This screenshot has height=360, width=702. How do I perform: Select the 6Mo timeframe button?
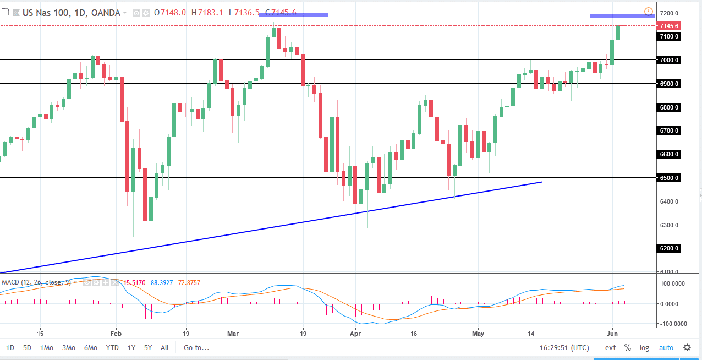coord(91,347)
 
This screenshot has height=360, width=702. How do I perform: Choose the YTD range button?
coord(112,347)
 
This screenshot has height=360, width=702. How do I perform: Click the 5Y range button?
coord(148,347)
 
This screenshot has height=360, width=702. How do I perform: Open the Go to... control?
coord(196,347)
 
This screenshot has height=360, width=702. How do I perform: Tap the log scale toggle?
coord(644,347)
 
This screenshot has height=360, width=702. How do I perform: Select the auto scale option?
coord(666,347)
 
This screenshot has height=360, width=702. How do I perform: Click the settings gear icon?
coord(687,347)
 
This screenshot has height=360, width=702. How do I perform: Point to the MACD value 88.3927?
coord(164,282)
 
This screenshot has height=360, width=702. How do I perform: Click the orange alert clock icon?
coord(649,12)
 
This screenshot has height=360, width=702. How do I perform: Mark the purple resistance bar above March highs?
coord(293,15)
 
